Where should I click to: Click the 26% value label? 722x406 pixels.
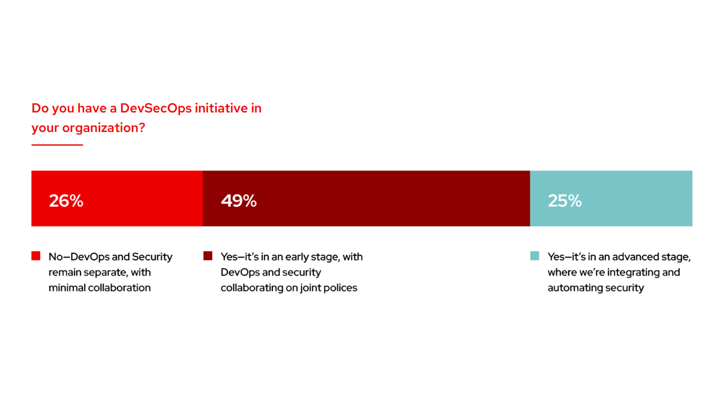coord(66,201)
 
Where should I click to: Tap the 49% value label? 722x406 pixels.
coord(239,201)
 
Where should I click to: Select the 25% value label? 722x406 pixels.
coord(565,201)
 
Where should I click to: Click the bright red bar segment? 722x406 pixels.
coord(117,198)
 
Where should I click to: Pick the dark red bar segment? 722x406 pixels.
coord(367,198)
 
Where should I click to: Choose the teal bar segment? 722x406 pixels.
coord(611,198)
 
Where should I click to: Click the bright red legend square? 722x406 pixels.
coord(36,256)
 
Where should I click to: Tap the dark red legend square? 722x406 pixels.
coord(208,256)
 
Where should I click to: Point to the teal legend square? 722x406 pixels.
coord(535,256)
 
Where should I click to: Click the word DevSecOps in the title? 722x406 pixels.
coord(156,109)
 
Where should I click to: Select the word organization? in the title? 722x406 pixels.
coord(104,128)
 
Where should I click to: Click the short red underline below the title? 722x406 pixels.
coord(57,145)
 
